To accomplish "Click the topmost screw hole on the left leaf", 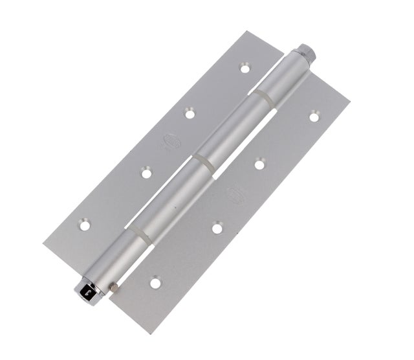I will (245, 67).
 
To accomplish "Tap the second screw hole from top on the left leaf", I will (190, 113).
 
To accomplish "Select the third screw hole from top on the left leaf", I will (146, 173).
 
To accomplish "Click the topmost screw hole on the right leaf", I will (314, 117).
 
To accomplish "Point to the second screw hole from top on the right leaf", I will (259, 164).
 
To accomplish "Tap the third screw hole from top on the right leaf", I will (216, 227).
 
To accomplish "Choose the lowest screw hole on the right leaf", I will (155, 283).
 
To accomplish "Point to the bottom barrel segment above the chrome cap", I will (116, 256).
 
